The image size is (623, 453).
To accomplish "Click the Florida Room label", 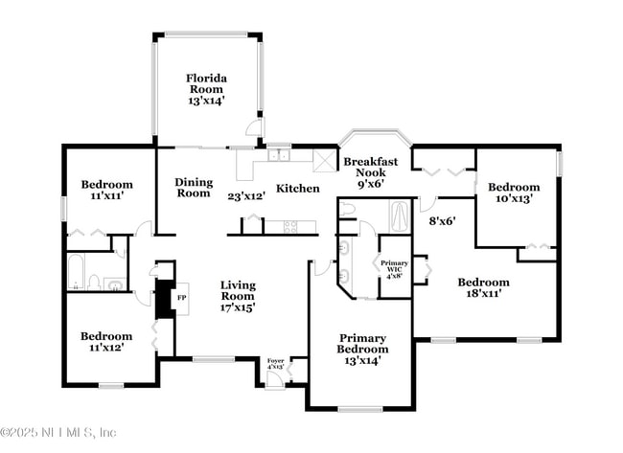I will tap(205, 89).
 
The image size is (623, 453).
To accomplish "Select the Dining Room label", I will tap(194, 188).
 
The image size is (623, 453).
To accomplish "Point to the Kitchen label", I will tap(298, 189).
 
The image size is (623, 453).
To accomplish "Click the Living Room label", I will tap(238, 296).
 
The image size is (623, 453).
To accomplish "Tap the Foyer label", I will tap(276, 364).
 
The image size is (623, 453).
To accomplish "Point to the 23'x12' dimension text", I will tap(246, 196).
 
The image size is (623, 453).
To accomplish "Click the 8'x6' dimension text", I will tap(442, 220).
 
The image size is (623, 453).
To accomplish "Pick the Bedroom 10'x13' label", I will tap(514, 193).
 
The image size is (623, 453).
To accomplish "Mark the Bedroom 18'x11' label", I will tap(483, 288).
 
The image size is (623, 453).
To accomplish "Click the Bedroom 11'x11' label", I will tap(106, 190).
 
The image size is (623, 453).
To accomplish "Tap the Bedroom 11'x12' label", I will tap(106, 343).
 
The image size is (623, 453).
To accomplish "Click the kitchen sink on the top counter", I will tap(280, 155).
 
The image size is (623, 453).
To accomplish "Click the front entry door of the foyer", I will tap(275, 380).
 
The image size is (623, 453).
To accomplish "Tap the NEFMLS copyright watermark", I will tap(58, 433).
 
